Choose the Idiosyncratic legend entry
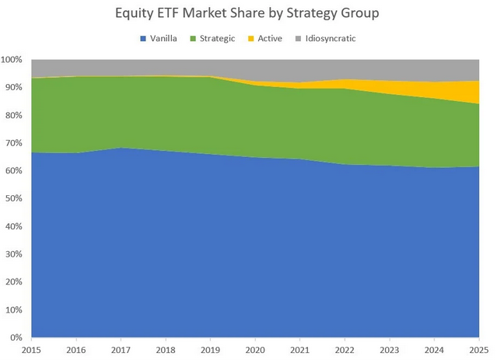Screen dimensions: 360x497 coord(330,38)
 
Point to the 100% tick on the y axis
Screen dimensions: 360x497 coord(13,60)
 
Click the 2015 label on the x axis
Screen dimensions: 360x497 coord(31,351)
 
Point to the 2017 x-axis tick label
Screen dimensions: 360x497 coord(121,351)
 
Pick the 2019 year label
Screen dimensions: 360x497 coord(209,351)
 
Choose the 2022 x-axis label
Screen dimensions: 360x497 coord(343,351)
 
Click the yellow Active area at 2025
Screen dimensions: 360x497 coord(474,92)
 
